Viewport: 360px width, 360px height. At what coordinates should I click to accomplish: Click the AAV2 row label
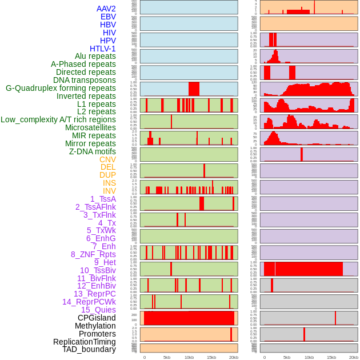pos(106,9)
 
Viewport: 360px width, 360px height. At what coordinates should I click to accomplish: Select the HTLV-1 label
pos(103,49)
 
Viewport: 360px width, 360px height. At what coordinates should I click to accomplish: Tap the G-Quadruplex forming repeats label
pos(61,88)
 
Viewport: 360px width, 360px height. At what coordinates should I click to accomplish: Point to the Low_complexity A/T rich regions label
pos(58,119)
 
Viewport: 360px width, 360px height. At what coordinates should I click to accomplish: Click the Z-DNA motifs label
pos(93,151)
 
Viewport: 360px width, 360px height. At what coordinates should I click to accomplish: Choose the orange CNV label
pos(107,159)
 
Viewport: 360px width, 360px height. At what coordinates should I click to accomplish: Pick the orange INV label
pos(109,191)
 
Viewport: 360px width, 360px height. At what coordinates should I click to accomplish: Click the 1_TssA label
pos(103,199)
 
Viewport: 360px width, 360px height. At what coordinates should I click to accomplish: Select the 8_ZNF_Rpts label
pos(93,254)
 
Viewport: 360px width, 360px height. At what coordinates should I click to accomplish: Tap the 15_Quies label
pos(98,310)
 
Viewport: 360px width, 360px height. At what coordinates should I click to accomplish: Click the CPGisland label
pos(97,318)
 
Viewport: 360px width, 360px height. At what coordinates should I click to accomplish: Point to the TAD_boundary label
pos(89,349)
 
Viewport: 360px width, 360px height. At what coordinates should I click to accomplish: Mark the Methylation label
pos(95,326)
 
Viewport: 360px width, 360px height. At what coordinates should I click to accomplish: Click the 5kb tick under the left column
pos(167,357)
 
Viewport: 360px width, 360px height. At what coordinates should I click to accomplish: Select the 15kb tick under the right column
pos(331,357)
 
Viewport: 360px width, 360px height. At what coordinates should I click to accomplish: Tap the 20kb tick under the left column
pos(233,357)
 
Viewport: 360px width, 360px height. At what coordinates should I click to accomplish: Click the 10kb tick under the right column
pos(309,357)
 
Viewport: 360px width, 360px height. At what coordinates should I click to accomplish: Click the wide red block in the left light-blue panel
pos(194,89)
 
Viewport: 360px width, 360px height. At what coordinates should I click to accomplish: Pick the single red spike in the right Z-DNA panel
pos(302,155)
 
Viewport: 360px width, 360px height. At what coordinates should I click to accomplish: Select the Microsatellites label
pos(90,127)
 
